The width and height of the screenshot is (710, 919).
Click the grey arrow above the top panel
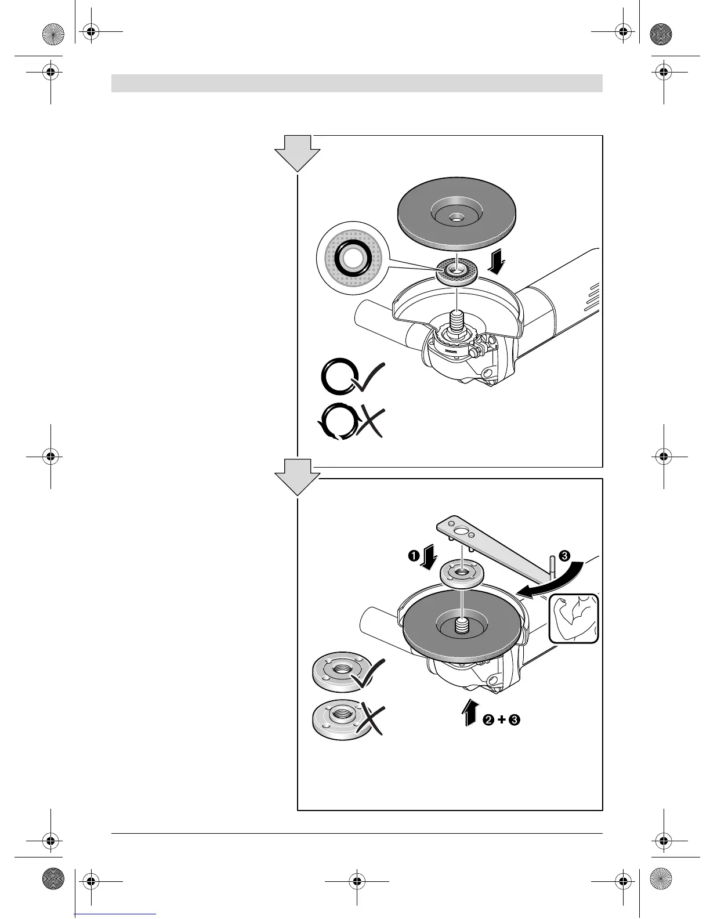(x=297, y=152)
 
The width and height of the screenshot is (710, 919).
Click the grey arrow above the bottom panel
(x=297, y=476)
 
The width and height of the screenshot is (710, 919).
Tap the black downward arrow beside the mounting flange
(x=497, y=265)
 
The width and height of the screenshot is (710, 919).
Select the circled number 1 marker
(x=414, y=556)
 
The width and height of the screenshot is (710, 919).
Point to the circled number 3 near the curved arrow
(x=564, y=555)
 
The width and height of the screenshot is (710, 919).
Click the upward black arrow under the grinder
(x=470, y=712)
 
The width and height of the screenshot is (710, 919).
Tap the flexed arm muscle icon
(x=574, y=618)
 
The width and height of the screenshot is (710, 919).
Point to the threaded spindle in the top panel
(x=457, y=322)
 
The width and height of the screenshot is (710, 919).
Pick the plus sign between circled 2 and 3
(x=501, y=720)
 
